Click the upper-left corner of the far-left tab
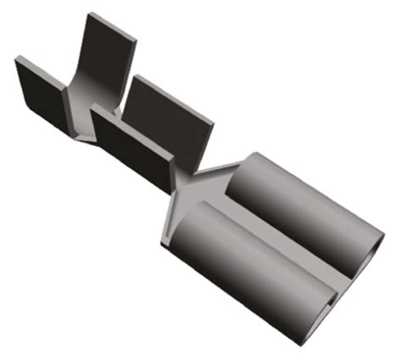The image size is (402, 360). click(17, 58)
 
